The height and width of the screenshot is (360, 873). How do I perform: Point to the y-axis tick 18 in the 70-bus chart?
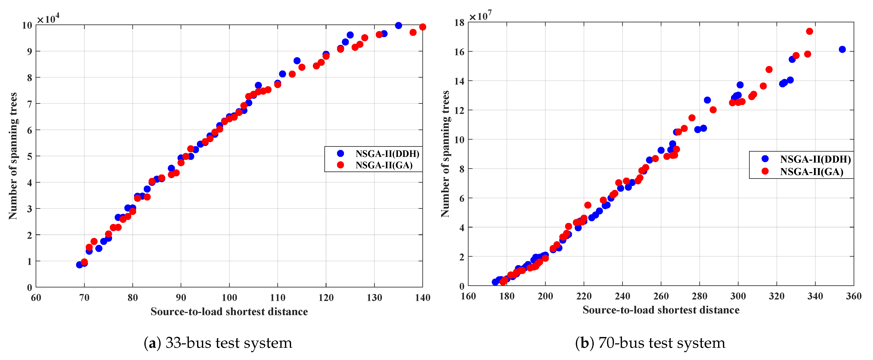click(x=459, y=23)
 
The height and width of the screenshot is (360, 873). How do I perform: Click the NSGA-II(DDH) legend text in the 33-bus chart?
click(x=387, y=154)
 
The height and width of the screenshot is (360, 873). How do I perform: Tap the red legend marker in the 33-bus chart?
click(x=341, y=165)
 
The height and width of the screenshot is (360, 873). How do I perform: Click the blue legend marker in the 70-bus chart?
click(x=765, y=159)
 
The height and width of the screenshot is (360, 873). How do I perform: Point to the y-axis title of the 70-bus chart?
click(x=445, y=154)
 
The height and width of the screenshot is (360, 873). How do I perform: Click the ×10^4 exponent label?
click(x=48, y=18)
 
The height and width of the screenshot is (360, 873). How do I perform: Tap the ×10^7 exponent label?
click(x=480, y=16)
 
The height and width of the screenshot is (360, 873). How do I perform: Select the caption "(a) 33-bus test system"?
click(x=218, y=343)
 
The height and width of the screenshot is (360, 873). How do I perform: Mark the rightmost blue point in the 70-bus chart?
click(x=842, y=50)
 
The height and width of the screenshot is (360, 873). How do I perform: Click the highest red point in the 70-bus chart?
click(x=809, y=31)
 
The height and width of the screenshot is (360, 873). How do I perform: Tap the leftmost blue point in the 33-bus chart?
click(x=79, y=265)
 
